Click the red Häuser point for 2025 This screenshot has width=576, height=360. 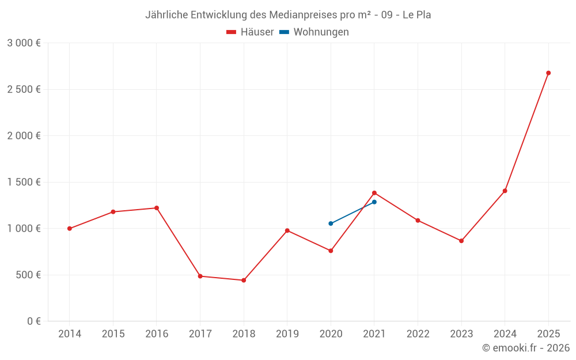point(548,73)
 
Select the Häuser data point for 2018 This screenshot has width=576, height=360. point(244,281)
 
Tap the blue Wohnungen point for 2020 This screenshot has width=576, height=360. point(331,223)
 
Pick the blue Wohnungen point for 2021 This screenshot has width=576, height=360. point(374,202)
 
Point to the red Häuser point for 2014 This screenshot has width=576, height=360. point(70,229)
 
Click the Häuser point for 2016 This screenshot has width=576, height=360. point(157,208)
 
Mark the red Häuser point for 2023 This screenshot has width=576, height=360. point(461,241)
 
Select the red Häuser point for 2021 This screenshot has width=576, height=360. point(374,193)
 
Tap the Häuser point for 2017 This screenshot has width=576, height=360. point(200,276)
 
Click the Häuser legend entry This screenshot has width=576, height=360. point(250,32)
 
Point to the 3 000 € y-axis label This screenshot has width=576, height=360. point(24,43)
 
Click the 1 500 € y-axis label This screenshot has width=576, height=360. point(24,182)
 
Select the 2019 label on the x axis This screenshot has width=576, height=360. point(287,334)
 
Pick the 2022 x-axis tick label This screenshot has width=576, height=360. point(418,334)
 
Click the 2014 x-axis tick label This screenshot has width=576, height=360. point(70,334)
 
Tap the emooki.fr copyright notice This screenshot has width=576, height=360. point(525,348)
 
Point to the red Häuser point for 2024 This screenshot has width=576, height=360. point(505,191)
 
